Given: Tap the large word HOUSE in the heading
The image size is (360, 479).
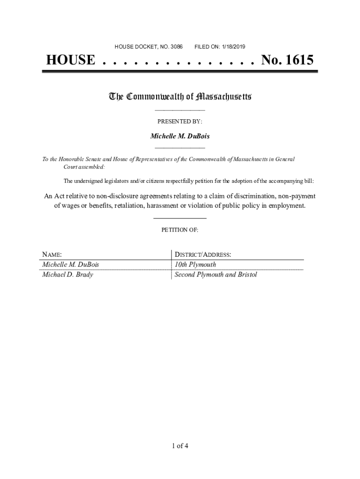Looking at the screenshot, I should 70,60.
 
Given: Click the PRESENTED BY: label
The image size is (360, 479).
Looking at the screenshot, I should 180,122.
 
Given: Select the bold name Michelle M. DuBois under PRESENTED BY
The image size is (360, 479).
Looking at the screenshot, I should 180,136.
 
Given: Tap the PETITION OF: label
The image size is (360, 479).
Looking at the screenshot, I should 180,230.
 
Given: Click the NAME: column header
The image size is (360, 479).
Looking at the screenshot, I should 52,255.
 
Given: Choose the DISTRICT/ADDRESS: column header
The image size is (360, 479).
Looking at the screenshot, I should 202,255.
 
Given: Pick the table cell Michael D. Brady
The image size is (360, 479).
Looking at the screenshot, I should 68,275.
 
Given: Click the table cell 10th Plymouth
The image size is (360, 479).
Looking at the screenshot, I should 195,265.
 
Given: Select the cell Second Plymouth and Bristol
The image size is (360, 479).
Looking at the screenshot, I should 216,275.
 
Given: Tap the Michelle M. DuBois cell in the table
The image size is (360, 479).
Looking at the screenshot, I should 71,265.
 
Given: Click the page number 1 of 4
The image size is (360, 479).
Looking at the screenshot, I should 180,445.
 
